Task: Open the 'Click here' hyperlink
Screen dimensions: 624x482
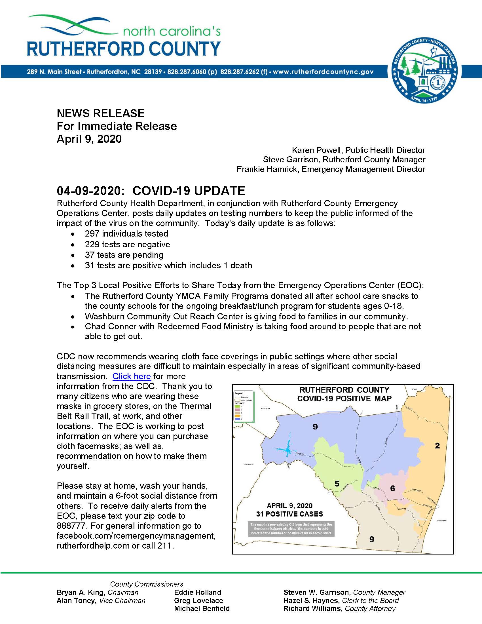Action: click(x=131, y=376)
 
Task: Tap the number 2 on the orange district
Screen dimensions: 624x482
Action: click(x=437, y=445)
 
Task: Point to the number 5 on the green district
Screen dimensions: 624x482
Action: click(x=337, y=483)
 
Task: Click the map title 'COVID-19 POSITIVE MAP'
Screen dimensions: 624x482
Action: click(x=344, y=399)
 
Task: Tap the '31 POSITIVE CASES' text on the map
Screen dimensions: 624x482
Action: click(x=289, y=514)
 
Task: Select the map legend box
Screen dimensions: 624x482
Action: click(x=243, y=406)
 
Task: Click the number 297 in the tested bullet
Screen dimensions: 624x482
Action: click(x=92, y=234)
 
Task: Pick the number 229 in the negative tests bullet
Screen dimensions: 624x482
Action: click(x=92, y=244)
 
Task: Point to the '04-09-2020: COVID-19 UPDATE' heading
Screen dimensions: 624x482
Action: click(x=151, y=191)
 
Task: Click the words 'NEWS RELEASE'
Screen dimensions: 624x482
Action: click(x=101, y=113)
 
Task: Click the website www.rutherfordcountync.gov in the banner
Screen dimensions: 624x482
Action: click(x=323, y=72)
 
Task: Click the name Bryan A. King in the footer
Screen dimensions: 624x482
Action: click(x=81, y=592)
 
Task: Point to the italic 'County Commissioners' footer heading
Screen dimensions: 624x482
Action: click(x=147, y=584)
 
